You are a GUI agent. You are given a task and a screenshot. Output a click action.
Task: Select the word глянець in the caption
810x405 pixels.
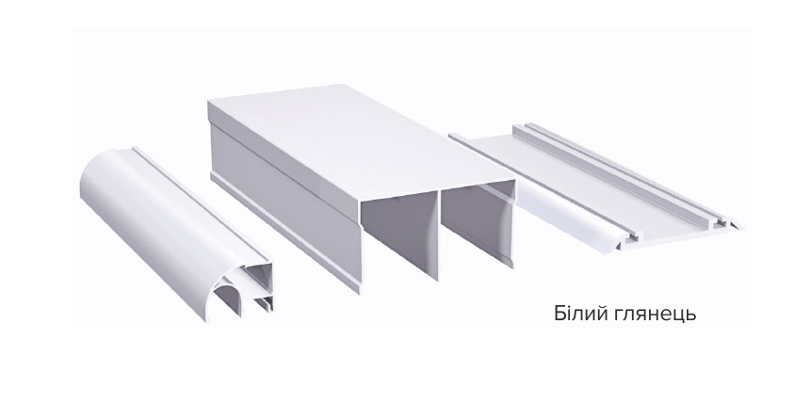coord(656,315)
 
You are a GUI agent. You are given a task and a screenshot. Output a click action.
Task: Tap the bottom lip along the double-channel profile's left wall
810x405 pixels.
coord(284,234)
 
